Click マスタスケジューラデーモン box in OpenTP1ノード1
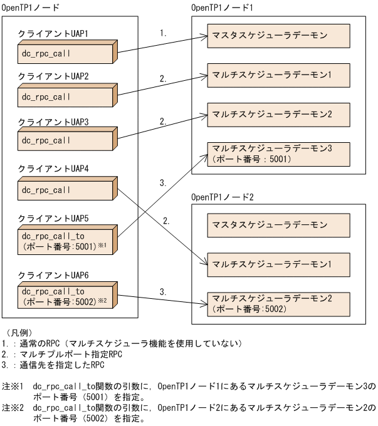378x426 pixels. (x=278, y=36)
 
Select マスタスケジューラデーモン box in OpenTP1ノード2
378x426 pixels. (x=278, y=224)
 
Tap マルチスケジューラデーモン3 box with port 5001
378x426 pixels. (x=278, y=153)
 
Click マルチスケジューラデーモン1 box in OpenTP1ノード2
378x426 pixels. (x=278, y=264)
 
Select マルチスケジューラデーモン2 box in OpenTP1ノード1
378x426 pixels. (x=278, y=115)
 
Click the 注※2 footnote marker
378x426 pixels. (x=13, y=408)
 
